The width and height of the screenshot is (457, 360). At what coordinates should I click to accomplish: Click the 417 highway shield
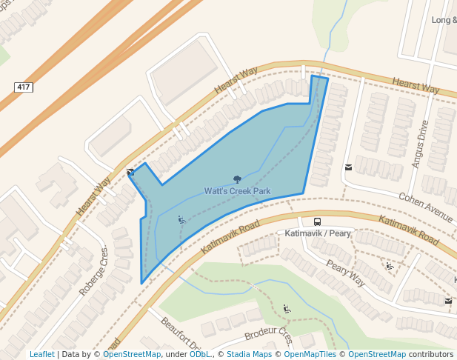click(23, 87)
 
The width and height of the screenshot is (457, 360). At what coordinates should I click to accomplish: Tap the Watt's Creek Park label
click(237, 191)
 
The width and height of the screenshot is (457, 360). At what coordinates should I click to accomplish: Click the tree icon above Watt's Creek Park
click(237, 179)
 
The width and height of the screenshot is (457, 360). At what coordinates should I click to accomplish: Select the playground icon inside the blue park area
click(181, 219)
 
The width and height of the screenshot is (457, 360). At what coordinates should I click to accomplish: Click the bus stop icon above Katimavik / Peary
click(317, 221)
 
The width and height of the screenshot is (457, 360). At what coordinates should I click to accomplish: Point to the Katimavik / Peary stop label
click(318, 233)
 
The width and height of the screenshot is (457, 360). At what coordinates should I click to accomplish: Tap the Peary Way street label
click(346, 275)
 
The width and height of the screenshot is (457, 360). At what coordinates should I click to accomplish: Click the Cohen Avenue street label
click(425, 208)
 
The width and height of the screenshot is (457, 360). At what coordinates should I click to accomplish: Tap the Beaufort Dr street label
click(180, 334)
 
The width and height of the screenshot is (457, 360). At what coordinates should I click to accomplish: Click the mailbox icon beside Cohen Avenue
click(348, 167)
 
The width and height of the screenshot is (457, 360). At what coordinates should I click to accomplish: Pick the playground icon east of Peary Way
click(389, 265)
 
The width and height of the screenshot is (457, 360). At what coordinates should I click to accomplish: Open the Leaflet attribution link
click(41, 354)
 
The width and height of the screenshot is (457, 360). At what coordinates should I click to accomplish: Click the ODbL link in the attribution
click(199, 354)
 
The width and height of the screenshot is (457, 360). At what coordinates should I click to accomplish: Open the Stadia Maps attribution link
click(249, 354)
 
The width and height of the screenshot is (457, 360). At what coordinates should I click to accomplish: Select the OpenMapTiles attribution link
click(311, 354)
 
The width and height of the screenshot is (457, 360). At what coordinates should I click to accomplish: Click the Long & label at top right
click(444, 20)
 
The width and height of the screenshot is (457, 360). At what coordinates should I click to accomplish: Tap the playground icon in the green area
click(287, 308)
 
